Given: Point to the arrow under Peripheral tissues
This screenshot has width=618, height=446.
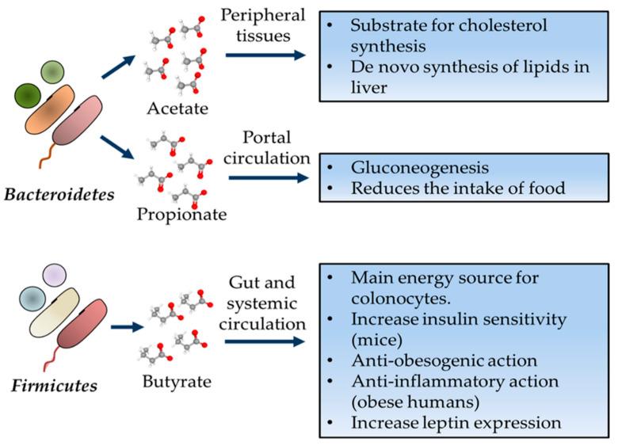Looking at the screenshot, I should pyautogui.click(x=265, y=55).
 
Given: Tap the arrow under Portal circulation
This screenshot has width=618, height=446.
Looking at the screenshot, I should pyautogui.click(x=268, y=178).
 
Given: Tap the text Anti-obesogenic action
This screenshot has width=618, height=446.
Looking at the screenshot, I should pyautogui.click(x=433, y=361).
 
